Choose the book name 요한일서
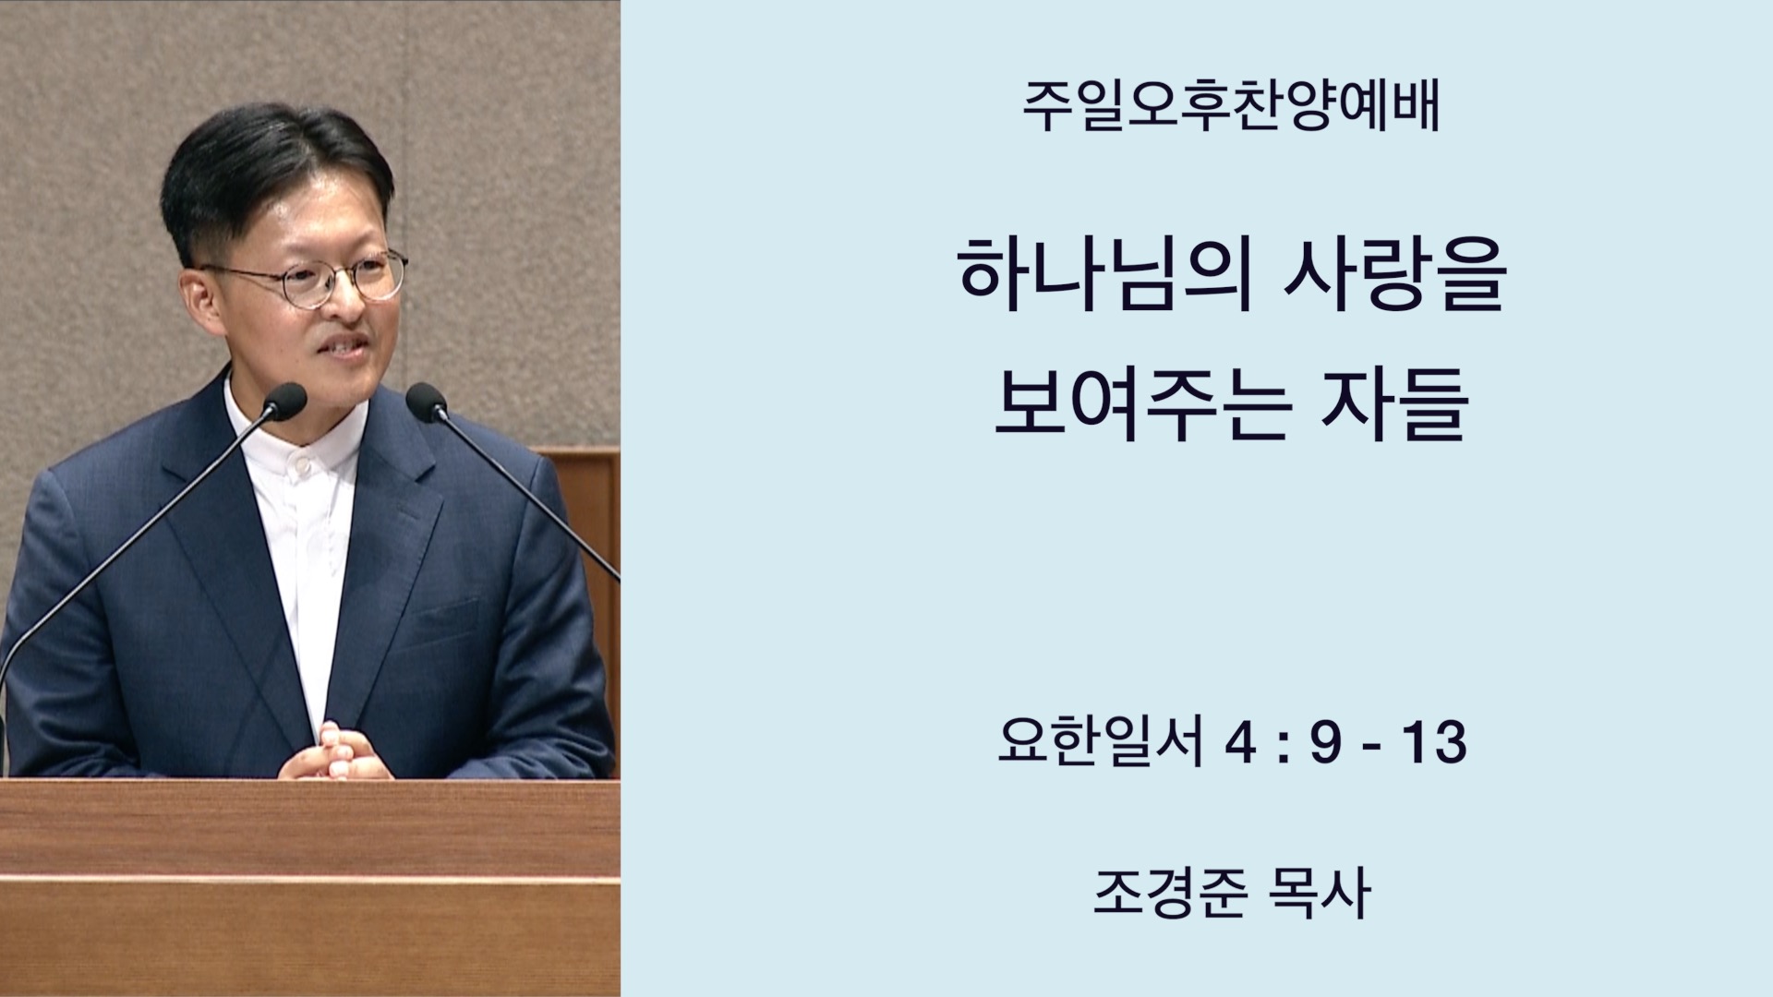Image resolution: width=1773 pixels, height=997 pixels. pyautogui.click(x=1102, y=742)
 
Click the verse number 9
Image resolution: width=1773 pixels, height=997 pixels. pyautogui.click(x=1325, y=743)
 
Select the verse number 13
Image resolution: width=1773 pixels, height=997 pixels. pyautogui.click(x=1432, y=743)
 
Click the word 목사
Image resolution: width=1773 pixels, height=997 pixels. pyautogui.click(x=1320, y=894)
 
